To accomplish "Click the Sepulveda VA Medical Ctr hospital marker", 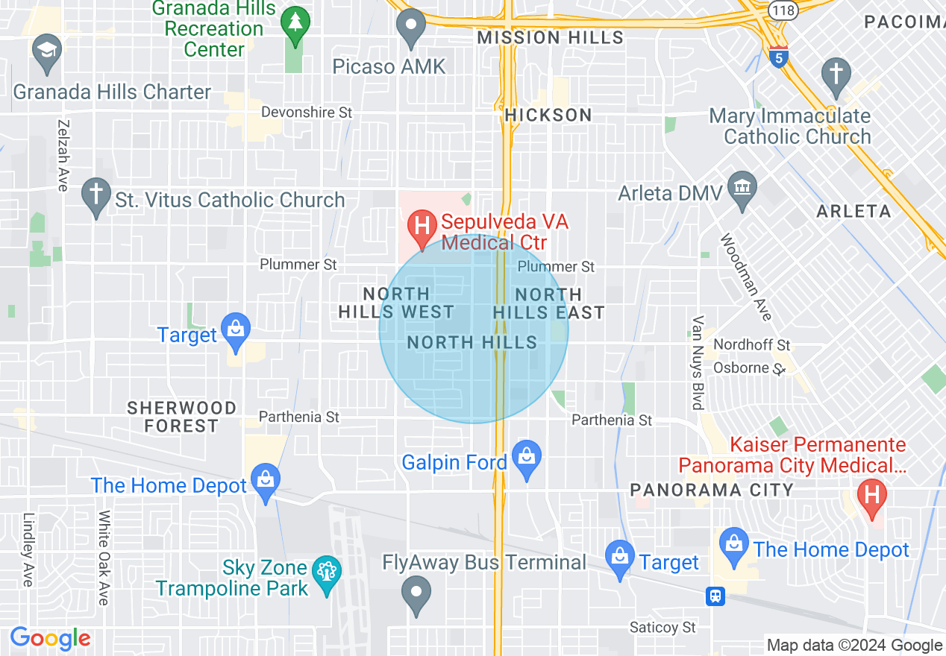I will pyautogui.click(x=422, y=224).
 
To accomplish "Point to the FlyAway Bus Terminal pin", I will pyautogui.click(x=416, y=593).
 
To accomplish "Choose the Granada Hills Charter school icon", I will pyautogui.click(x=47, y=52).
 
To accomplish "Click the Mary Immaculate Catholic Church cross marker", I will pyautogui.click(x=836, y=75).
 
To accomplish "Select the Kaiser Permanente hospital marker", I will pyautogui.click(x=870, y=496).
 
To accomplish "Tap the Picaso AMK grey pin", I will pyautogui.click(x=410, y=28).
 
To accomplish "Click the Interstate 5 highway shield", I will pyautogui.click(x=778, y=57).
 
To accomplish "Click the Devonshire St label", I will pyautogui.click(x=306, y=113).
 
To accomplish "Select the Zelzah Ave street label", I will pyautogui.click(x=63, y=155).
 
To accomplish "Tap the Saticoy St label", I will pyautogui.click(x=662, y=628).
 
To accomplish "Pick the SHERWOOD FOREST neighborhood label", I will pyautogui.click(x=181, y=417).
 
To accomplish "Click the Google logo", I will pyautogui.click(x=50, y=638).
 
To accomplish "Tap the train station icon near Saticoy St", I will pyautogui.click(x=715, y=596).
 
